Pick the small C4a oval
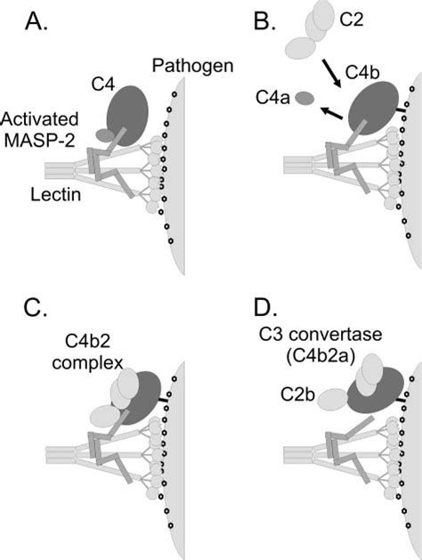(305, 98)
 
